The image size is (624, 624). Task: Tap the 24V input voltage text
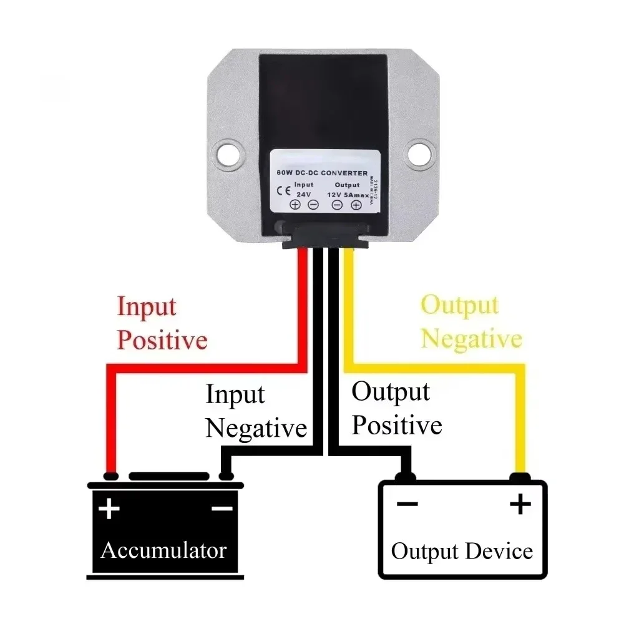pos(304,194)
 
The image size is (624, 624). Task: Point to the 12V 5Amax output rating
pos(346,194)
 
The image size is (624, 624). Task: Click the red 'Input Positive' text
pos(162,324)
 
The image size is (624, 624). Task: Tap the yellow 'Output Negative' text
pos(471,323)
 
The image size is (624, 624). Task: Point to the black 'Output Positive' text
pos(396,409)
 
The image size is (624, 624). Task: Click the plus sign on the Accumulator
pos(109,509)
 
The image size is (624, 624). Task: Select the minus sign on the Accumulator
pos(222,509)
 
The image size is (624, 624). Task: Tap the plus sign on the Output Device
pos(519,504)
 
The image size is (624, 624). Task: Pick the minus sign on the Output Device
pos(407,504)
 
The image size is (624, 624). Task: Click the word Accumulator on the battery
pos(163,550)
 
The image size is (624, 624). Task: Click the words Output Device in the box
pos(462,552)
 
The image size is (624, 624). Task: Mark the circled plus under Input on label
pos(295,205)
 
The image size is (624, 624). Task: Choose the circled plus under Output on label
pos(356,205)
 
